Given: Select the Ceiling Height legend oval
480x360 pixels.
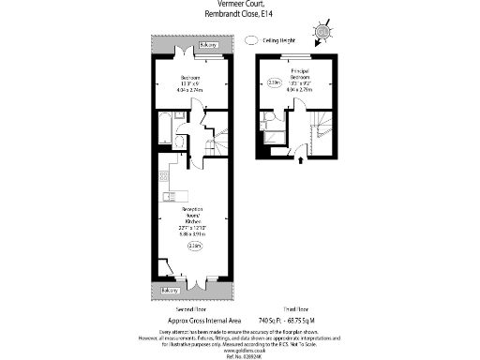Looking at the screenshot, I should tap(250, 40).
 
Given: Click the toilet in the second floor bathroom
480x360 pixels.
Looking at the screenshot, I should tap(180, 142).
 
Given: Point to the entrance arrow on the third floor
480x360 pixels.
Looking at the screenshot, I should tap(300, 160).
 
